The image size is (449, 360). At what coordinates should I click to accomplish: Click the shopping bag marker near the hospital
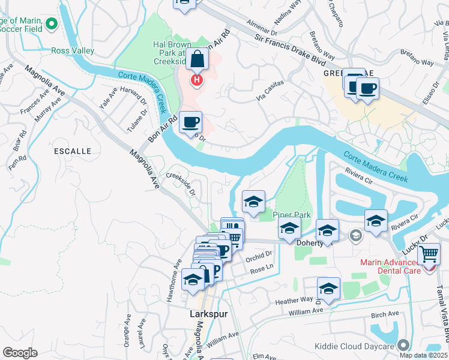(x=196, y=61)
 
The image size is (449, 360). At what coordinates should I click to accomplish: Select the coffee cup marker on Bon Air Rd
(x=190, y=122)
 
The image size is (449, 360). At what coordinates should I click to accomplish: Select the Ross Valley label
(x=73, y=51)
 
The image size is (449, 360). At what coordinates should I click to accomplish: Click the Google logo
(x=20, y=353)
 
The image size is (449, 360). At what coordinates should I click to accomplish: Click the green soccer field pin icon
(x=51, y=25)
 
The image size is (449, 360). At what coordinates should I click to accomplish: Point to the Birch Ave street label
(x=385, y=314)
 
